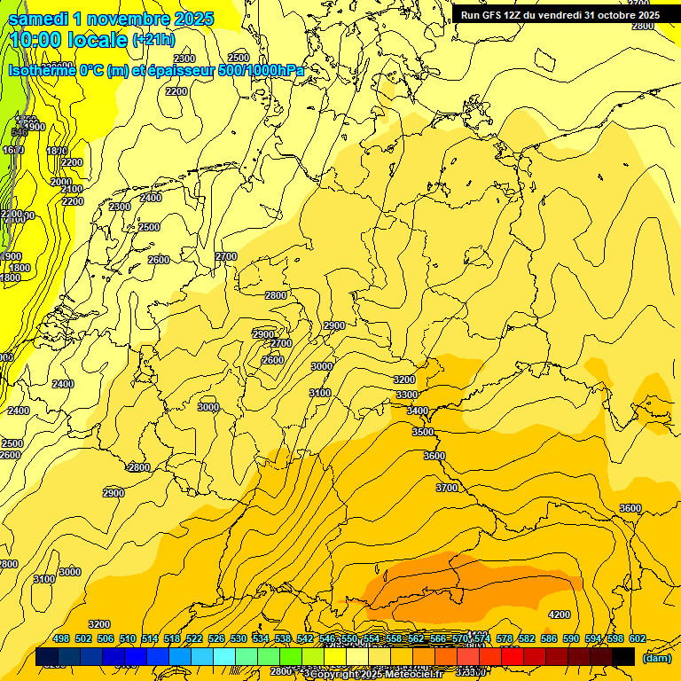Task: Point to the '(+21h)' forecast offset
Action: click(153, 40)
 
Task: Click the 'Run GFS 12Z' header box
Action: click(560, 15)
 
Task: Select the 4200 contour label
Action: click(559, 614)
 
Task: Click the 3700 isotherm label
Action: click(447, 488)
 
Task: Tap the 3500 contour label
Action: click(423, 432)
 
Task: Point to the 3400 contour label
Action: click(418, 411)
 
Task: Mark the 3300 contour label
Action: click(406, 395)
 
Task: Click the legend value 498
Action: click(61, 638)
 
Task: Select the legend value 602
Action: click(638, 638)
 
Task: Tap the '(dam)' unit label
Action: click(657, 657)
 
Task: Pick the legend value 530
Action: click(239, 638)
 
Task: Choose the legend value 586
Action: click(549, 638)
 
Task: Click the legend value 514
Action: click(150, 638)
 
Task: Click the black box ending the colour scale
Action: click(623, 656)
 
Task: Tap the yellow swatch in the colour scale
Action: click(334, 656)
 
